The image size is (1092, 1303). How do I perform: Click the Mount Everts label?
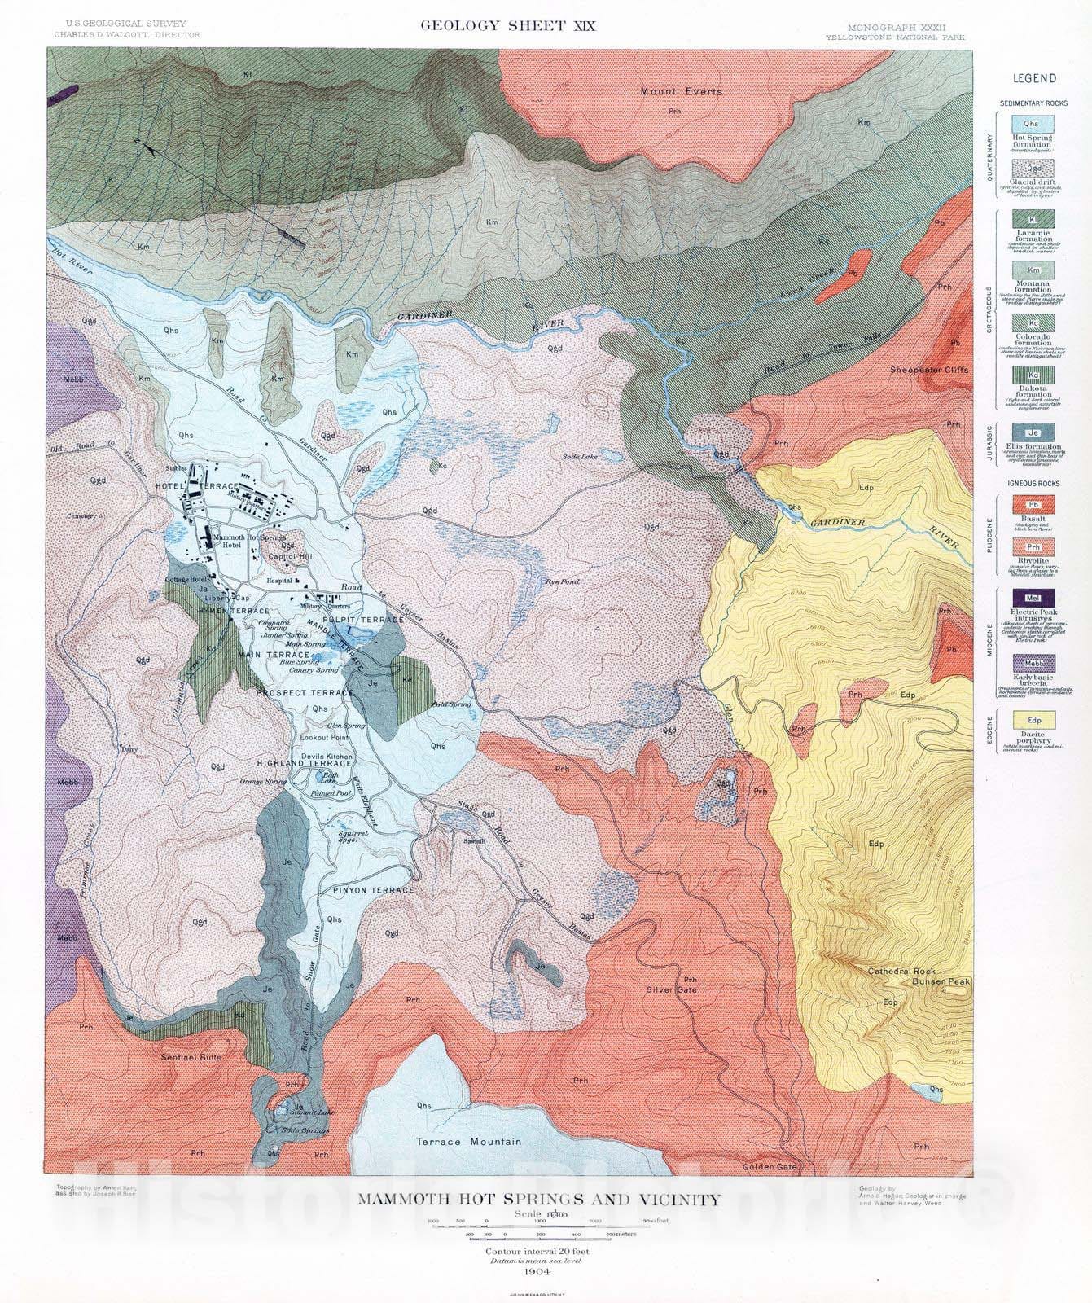click(x=680, y=91)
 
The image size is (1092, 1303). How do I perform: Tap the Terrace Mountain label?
click(x=467, y=1142)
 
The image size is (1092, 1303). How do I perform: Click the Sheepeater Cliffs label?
click(x=928, y=370)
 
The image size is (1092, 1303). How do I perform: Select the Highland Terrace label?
click(x=294, y=764)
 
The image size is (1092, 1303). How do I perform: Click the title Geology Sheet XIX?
click(x=507, y=25)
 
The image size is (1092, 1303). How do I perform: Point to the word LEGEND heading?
click(x=1033, y=79)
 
